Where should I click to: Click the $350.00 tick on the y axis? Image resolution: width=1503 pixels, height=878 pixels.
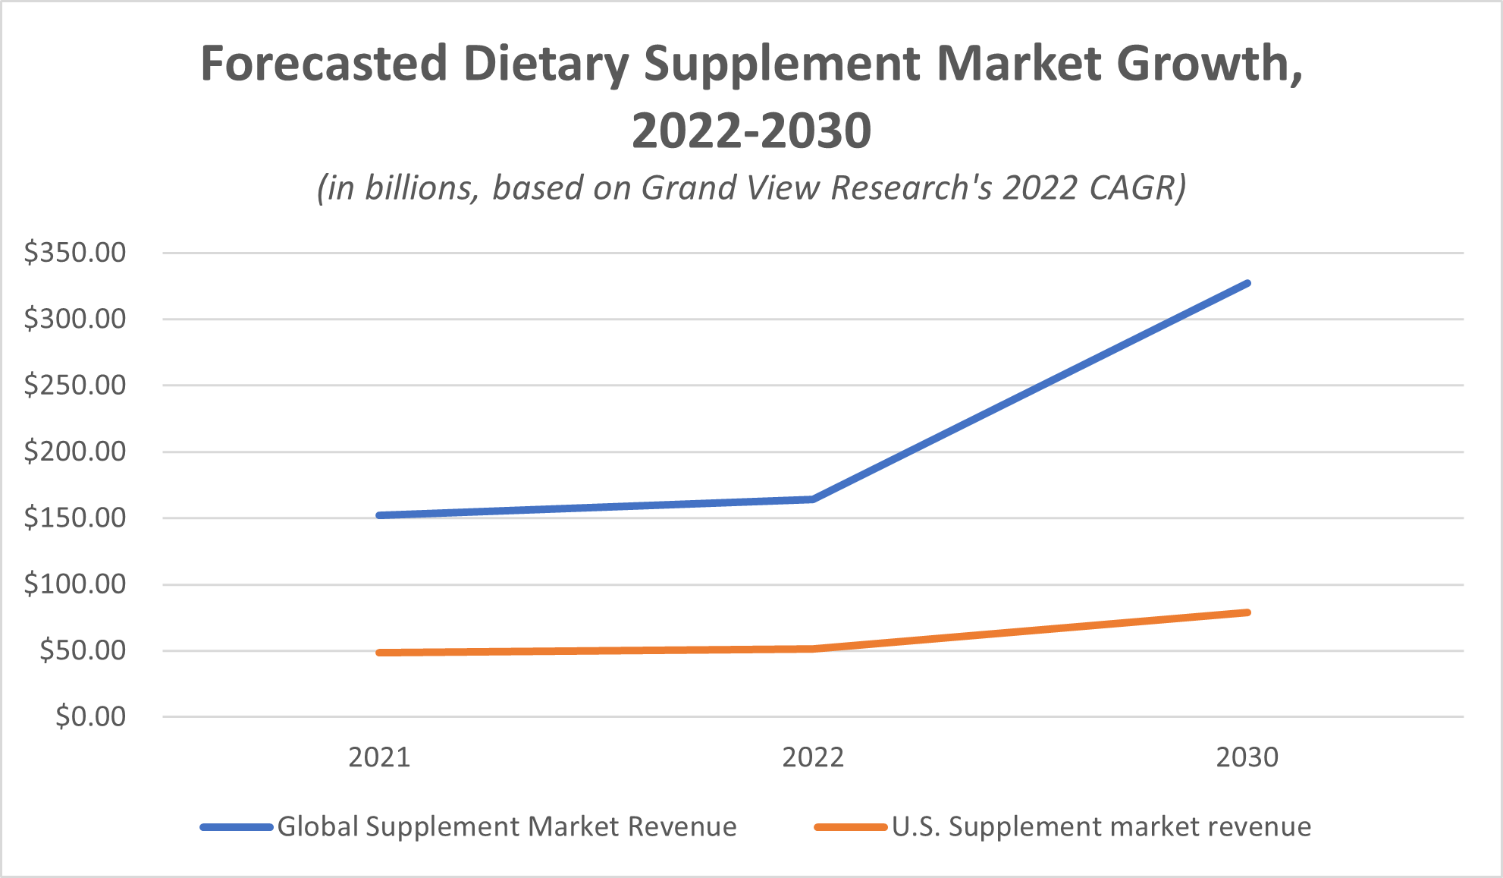click(x=74, y=253)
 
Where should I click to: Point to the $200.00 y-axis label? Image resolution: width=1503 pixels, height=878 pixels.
click(x=74, y=452)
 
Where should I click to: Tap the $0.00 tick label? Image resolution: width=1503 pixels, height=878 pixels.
click(x=90, y=716)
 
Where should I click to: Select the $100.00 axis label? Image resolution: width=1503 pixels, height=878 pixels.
click(x=74, y=584)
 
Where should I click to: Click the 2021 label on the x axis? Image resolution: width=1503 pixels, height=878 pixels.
click(x=379, y=757)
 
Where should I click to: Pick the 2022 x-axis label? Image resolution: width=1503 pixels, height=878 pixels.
click(x=813, y=757)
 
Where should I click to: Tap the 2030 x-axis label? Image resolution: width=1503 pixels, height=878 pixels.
click(x=1247, y=757)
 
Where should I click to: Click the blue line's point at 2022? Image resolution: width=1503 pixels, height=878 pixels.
click(x=813, y=499)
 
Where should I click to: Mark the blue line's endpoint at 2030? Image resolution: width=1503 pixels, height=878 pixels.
click(x=1247, y=284)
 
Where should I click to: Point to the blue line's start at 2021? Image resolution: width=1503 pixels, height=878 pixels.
click(x=379, y=515)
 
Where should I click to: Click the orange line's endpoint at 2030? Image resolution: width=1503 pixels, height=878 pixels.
click(x=1247, y=612)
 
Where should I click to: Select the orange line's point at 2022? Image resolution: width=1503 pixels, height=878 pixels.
click(x=813, y=649)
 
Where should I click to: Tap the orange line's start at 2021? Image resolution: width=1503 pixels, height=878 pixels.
click(x=379, y=653)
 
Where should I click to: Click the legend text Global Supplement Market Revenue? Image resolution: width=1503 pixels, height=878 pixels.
click(x=507, y=826)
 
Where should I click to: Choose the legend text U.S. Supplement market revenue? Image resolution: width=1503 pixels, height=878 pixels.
click(x=1101, y=826)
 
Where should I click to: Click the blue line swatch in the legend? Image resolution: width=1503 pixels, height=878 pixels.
click(x=237, y=827)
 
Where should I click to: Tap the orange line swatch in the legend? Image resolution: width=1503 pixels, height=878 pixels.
click(x=850, y=827)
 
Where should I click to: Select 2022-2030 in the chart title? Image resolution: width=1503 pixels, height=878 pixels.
click(x=751, y=131)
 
